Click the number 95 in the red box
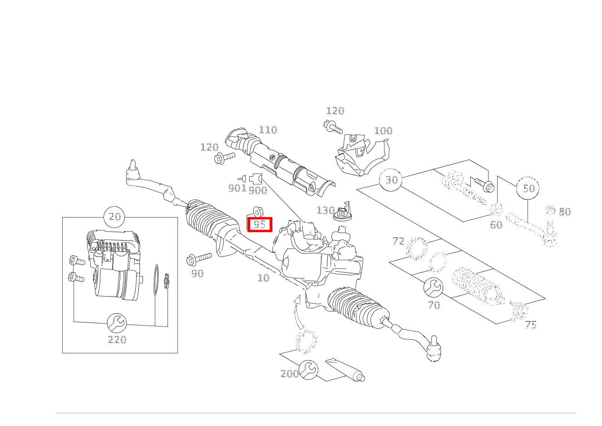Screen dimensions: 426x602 coord(259,224)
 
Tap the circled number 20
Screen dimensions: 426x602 coord(115,217)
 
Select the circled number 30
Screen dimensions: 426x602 coord(391,180)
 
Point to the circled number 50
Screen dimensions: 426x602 coord(528,188)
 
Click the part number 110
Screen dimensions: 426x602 coord(267,130)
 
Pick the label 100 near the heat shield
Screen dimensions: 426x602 coord(383,131)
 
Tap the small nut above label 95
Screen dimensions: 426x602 coord(257,212)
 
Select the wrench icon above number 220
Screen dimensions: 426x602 coord(117,323)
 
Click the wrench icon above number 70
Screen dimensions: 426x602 coord(433,287)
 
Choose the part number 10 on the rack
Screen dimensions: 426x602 coord(263,278)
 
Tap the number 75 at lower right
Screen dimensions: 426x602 coord(530,325)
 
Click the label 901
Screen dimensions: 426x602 coord(237,188)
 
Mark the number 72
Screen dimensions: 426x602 coord(398,241)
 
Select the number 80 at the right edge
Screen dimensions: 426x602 coord(564,212)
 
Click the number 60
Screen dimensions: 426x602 coord(496,225)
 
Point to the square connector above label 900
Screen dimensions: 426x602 coord(256,178)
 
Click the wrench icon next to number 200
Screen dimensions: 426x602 coord(309,370)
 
